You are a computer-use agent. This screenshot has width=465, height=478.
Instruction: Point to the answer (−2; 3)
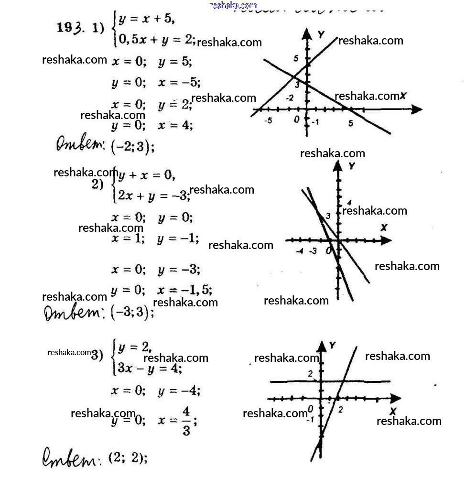click(132, 147)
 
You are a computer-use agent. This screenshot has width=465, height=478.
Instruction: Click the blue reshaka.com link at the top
click(233, 5)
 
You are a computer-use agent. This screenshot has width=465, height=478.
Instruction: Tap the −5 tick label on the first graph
click(269, 121)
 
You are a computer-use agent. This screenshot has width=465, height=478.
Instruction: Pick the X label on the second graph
click(383, 228)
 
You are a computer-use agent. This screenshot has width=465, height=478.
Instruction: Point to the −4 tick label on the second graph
click(300, 251)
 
